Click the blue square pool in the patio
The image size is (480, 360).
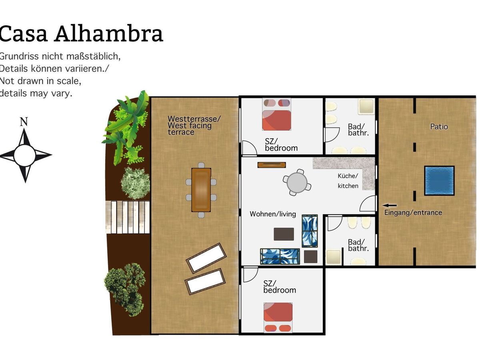click(439, 180)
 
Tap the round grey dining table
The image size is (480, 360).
click(297, 183)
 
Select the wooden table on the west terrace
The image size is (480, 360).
click(201, 190)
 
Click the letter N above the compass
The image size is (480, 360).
click(24, 122)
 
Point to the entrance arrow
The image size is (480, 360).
click(390, 206)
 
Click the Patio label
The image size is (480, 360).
click(439, 127)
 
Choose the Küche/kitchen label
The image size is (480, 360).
click(348, 181)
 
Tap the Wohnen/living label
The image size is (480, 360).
click(273, 214)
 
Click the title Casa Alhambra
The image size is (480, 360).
click(81, 34)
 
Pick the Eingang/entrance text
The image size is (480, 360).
click(413, 213)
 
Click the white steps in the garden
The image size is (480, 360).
click(128, 217)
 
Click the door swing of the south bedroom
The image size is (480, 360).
click(251, 274)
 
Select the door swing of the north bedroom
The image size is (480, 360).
click(249, 148)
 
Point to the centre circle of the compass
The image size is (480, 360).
click(25, 155)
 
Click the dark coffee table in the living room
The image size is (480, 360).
click(284, 234)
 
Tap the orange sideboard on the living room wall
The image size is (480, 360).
click(272, 165)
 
